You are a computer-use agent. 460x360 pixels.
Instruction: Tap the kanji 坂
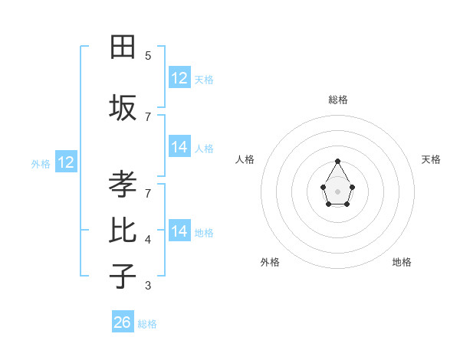pyautogui.click(x=123, y=108)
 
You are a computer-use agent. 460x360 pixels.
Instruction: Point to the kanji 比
pyautogui.click(x=123, y=231)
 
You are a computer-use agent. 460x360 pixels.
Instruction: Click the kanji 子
pyautogui.click(x=123, y=276)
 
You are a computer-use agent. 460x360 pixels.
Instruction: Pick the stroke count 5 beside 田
pyautogui.click(x=148, y=55)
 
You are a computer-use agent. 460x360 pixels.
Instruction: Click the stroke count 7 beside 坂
pyautogui.click(x=148, y=116)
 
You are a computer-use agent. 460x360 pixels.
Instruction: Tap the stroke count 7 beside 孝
pyautogui.click(x=148, y=193)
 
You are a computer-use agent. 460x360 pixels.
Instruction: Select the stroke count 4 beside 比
pyautogui.click(x=148, y=240)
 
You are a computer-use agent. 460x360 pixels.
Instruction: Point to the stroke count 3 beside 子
pyautogui.click(x=148, y=286)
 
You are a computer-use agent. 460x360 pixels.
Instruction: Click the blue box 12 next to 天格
pyautogui.click(x=179, y=78)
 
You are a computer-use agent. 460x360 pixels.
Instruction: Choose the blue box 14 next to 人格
pyautogui.click(x=179, y=147)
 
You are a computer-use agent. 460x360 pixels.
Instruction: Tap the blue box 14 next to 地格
pyautogui.click(x=179, y=231)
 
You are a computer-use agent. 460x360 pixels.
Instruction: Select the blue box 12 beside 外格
pyautogui.click(x=66, y=162)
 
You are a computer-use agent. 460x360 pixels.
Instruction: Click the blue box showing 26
pyautogui.click(x=123, y=322)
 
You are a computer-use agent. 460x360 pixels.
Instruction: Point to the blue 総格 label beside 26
pyautogui.click(x=147, y=324)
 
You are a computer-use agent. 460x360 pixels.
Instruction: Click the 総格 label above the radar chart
pyautogui.click(x=338, y=100)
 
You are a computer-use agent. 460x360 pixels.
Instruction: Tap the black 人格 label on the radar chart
pyautogui.click(x=245, y=159)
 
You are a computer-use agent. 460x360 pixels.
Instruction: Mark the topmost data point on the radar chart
pyautogui.click(x=337, y=161)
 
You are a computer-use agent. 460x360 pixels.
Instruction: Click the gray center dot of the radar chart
pyautogui.click(x=337, y=190)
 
